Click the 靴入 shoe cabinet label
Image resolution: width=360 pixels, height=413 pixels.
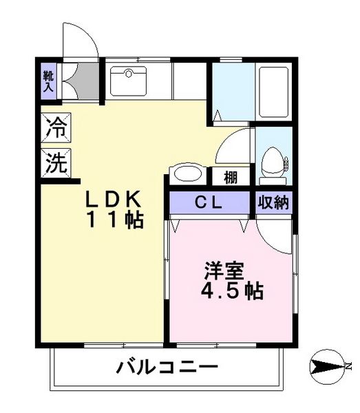tap(48, 81)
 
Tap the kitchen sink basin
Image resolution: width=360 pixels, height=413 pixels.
tap(128, 81)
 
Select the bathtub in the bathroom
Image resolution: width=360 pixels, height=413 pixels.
tap(274, 92)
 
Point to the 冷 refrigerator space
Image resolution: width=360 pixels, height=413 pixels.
tap(56, 128)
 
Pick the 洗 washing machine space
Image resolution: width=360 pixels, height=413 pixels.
tap(56, 163)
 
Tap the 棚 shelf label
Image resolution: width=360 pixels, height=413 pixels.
tap(231, 178)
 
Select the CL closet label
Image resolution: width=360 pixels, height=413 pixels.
tap(208, 203)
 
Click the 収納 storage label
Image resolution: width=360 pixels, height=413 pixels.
tap(273, 203)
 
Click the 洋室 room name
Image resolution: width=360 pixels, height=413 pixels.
tap(224, 271)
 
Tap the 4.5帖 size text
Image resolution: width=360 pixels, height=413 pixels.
tap(232, 290)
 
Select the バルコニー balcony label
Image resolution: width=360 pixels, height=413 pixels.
tap(167, 367)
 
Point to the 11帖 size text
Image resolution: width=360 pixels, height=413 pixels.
tap(115, 220)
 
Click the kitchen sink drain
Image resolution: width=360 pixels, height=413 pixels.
tap(129, 74)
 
